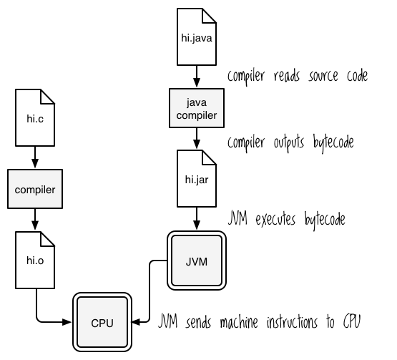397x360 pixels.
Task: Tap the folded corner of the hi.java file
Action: pos(209,16)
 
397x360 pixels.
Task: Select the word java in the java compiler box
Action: pos(197,102)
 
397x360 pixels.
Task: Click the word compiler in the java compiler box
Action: pos(197,115)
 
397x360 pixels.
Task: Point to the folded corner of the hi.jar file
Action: pos(209,157)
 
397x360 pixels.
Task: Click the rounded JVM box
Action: pos(197,261)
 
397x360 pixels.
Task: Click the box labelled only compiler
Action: pos(35,189)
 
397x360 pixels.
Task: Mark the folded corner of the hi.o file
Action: pos(47,239)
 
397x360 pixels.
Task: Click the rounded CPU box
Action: pos(102,322)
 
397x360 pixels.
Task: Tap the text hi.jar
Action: pos(197,180)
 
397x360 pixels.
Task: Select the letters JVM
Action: pos(197,261)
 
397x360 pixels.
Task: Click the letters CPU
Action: pos(102,323)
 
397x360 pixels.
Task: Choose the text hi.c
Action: pos(35,119)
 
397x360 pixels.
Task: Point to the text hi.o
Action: pos(35,261)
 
